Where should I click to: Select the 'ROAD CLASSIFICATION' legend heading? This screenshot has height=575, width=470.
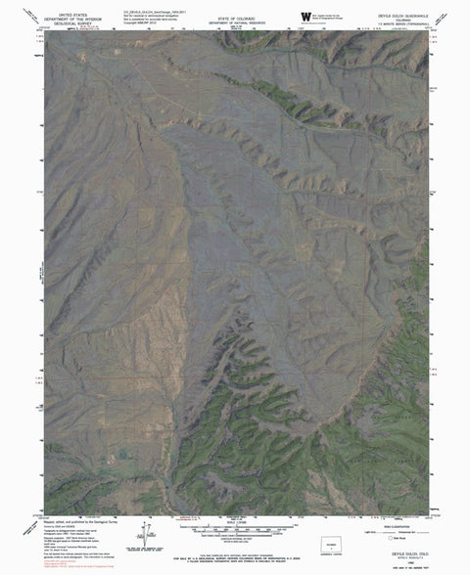(391, 522)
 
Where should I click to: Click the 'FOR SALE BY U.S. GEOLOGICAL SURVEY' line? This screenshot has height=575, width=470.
(235, 548)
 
